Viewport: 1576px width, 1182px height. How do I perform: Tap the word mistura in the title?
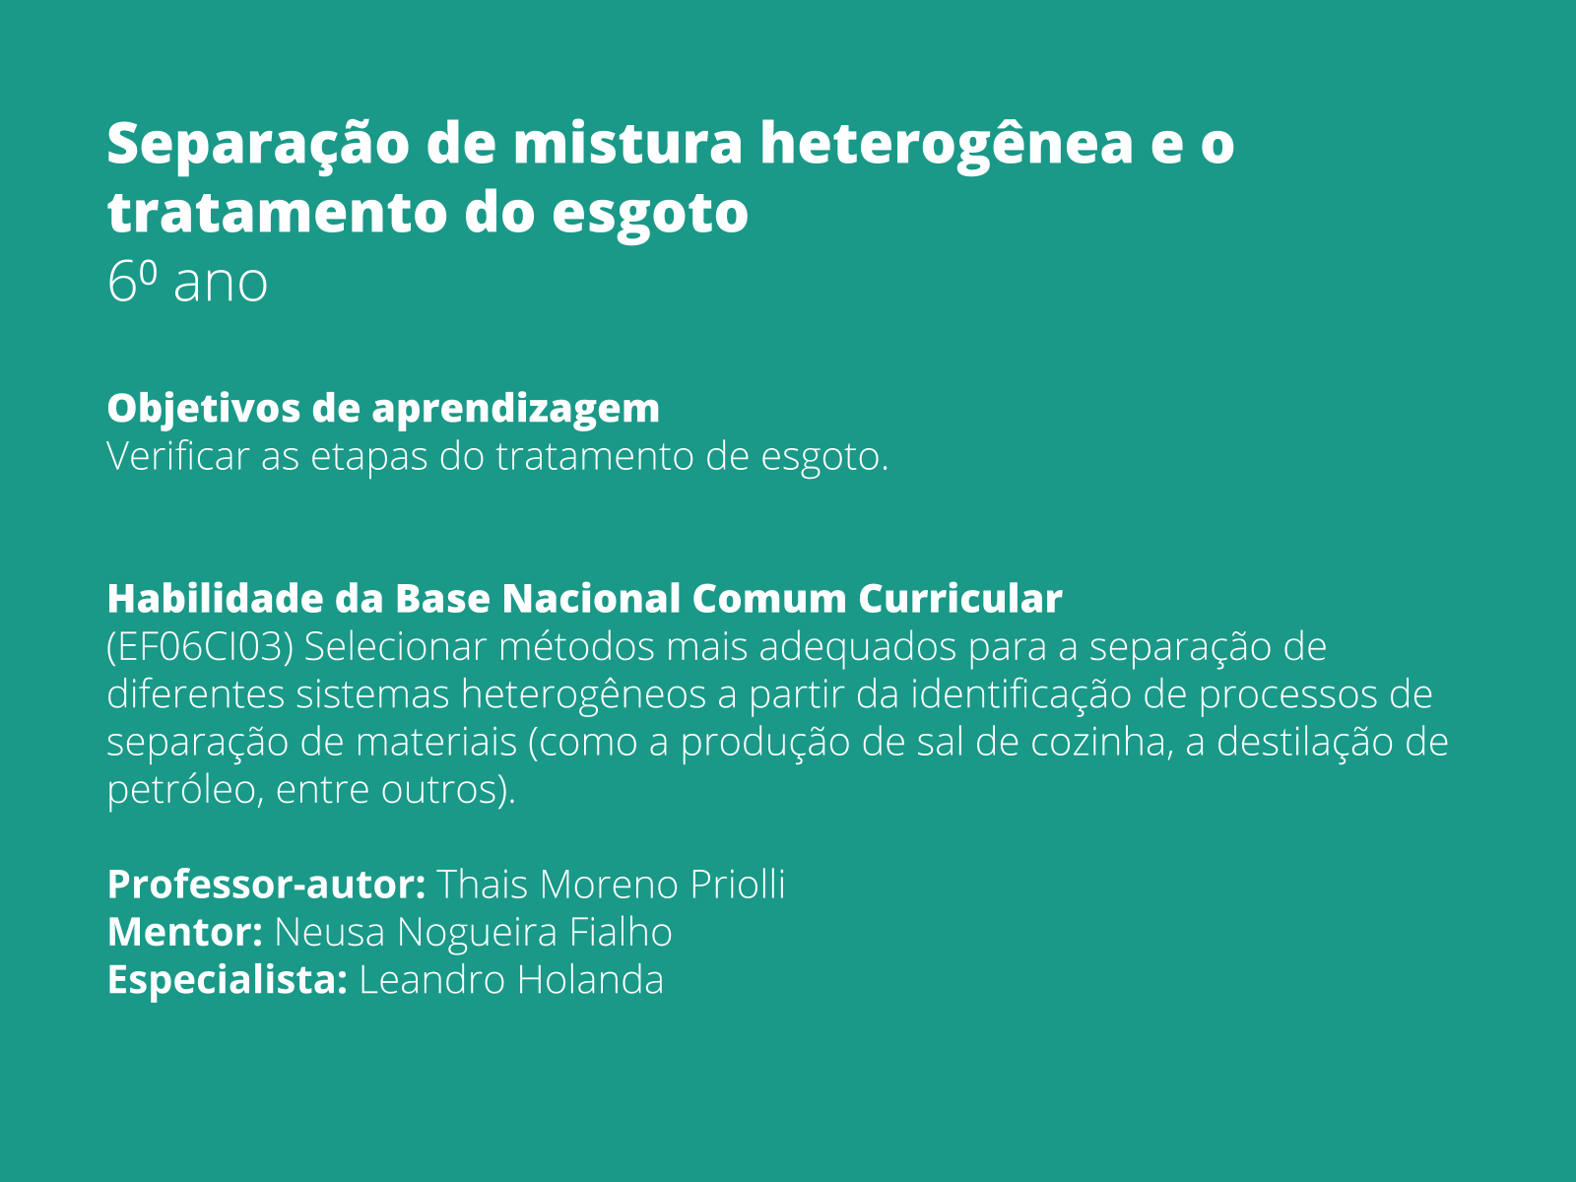coord(627,143)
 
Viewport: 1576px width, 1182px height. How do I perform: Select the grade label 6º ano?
coord(187,283)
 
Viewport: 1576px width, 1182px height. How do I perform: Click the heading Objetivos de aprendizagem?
coord(383,408)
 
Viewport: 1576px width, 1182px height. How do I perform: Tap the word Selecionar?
coord(396,648)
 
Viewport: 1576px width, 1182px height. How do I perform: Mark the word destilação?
coord(1304,742)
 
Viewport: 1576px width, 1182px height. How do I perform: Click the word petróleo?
coord(182,790)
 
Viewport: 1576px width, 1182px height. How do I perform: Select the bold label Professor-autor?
coord(266,885)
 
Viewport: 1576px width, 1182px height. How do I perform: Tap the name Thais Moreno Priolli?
coord(611,885)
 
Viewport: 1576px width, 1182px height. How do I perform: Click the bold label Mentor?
coord(184,932)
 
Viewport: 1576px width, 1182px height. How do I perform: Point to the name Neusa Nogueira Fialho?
coord(473,932)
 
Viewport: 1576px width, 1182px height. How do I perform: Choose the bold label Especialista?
coord(227,980)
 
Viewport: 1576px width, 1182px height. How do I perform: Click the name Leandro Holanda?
coord(511,980)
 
